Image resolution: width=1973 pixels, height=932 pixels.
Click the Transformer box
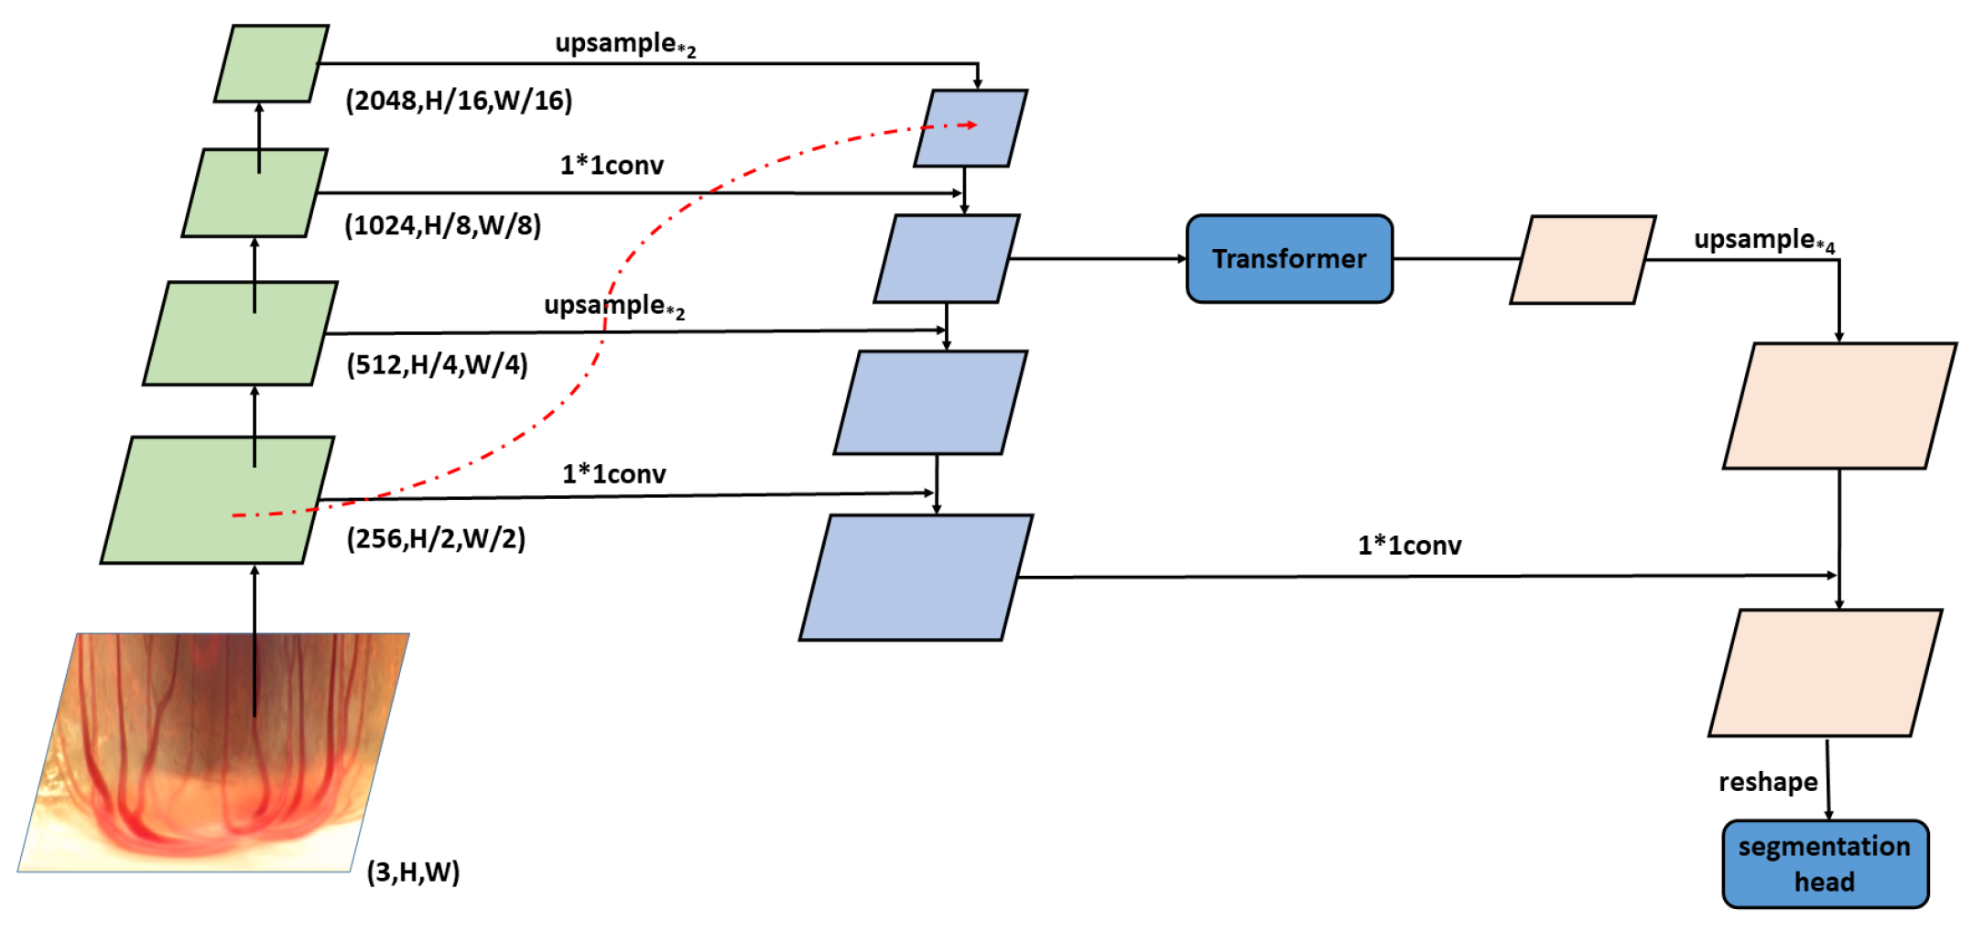1288,259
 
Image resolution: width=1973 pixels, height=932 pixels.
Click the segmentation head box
1824,863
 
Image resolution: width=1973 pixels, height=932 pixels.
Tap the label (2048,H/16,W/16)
459,101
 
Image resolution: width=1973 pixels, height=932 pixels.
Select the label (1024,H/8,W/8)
443,225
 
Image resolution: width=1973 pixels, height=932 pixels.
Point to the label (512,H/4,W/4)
437,364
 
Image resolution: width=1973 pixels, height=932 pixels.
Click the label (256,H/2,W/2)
436,538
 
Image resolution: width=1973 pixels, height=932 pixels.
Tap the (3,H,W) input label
413,872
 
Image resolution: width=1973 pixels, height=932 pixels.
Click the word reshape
1767,782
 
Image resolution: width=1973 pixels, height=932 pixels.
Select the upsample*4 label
1763,241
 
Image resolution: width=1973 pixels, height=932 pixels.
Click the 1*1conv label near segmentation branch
1409,546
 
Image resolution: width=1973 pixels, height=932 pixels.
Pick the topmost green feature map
271,64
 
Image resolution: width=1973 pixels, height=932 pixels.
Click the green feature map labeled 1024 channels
255,193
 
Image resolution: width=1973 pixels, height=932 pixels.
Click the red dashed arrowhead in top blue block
972,125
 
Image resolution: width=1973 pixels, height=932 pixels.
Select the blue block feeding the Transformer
946,259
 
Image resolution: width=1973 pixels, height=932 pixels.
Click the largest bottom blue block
916,578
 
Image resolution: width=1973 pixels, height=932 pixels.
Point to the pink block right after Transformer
1582,260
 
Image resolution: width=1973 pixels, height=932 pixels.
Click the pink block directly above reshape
1824,673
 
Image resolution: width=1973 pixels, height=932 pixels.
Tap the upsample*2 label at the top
625,45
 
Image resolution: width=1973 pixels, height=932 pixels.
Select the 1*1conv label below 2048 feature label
612,166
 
